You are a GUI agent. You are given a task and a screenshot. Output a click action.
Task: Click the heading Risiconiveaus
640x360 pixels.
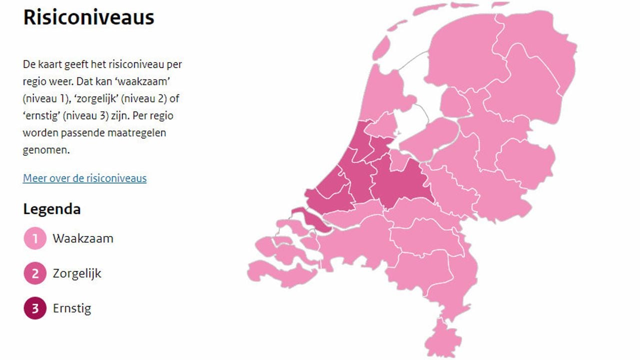point(88,17)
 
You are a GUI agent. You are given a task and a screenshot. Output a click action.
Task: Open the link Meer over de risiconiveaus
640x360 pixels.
point(84,178)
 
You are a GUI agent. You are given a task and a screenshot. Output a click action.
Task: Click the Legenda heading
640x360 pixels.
point(51,209)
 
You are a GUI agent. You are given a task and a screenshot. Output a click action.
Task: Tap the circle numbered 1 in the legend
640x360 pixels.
point(35,238)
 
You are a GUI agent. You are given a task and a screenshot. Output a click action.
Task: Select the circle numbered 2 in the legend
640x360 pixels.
point(35,273)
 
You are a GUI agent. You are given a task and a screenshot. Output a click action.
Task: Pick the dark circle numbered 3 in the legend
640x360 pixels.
point(35,308)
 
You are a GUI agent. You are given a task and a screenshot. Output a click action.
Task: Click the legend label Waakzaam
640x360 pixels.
point(83,238)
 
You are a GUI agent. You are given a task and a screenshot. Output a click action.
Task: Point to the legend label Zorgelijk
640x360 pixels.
point(77,273)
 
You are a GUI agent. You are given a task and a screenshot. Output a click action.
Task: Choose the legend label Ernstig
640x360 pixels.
point(72,308)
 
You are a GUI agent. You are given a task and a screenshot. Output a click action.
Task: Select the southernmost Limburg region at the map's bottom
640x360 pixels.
point(442,337)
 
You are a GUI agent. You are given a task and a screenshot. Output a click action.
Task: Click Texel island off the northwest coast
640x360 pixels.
point(381,48)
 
